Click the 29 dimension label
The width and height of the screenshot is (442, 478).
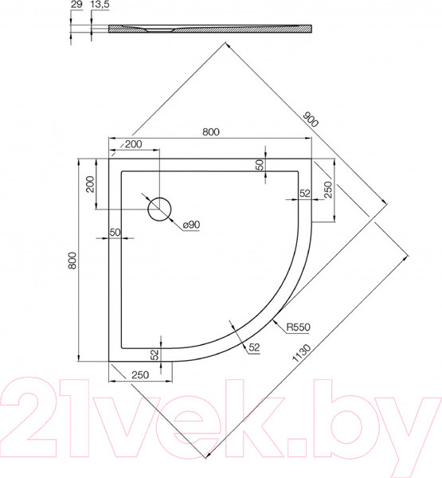76,6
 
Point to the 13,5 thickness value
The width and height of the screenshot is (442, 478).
100,6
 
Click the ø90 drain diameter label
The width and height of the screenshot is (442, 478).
190,225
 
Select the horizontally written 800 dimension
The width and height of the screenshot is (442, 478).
211,131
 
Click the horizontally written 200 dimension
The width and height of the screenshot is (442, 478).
132,144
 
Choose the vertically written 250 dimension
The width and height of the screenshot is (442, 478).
327,190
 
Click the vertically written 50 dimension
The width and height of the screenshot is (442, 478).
259,166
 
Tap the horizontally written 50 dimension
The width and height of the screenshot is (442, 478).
115,232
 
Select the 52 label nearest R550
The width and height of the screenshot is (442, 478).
254,347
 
